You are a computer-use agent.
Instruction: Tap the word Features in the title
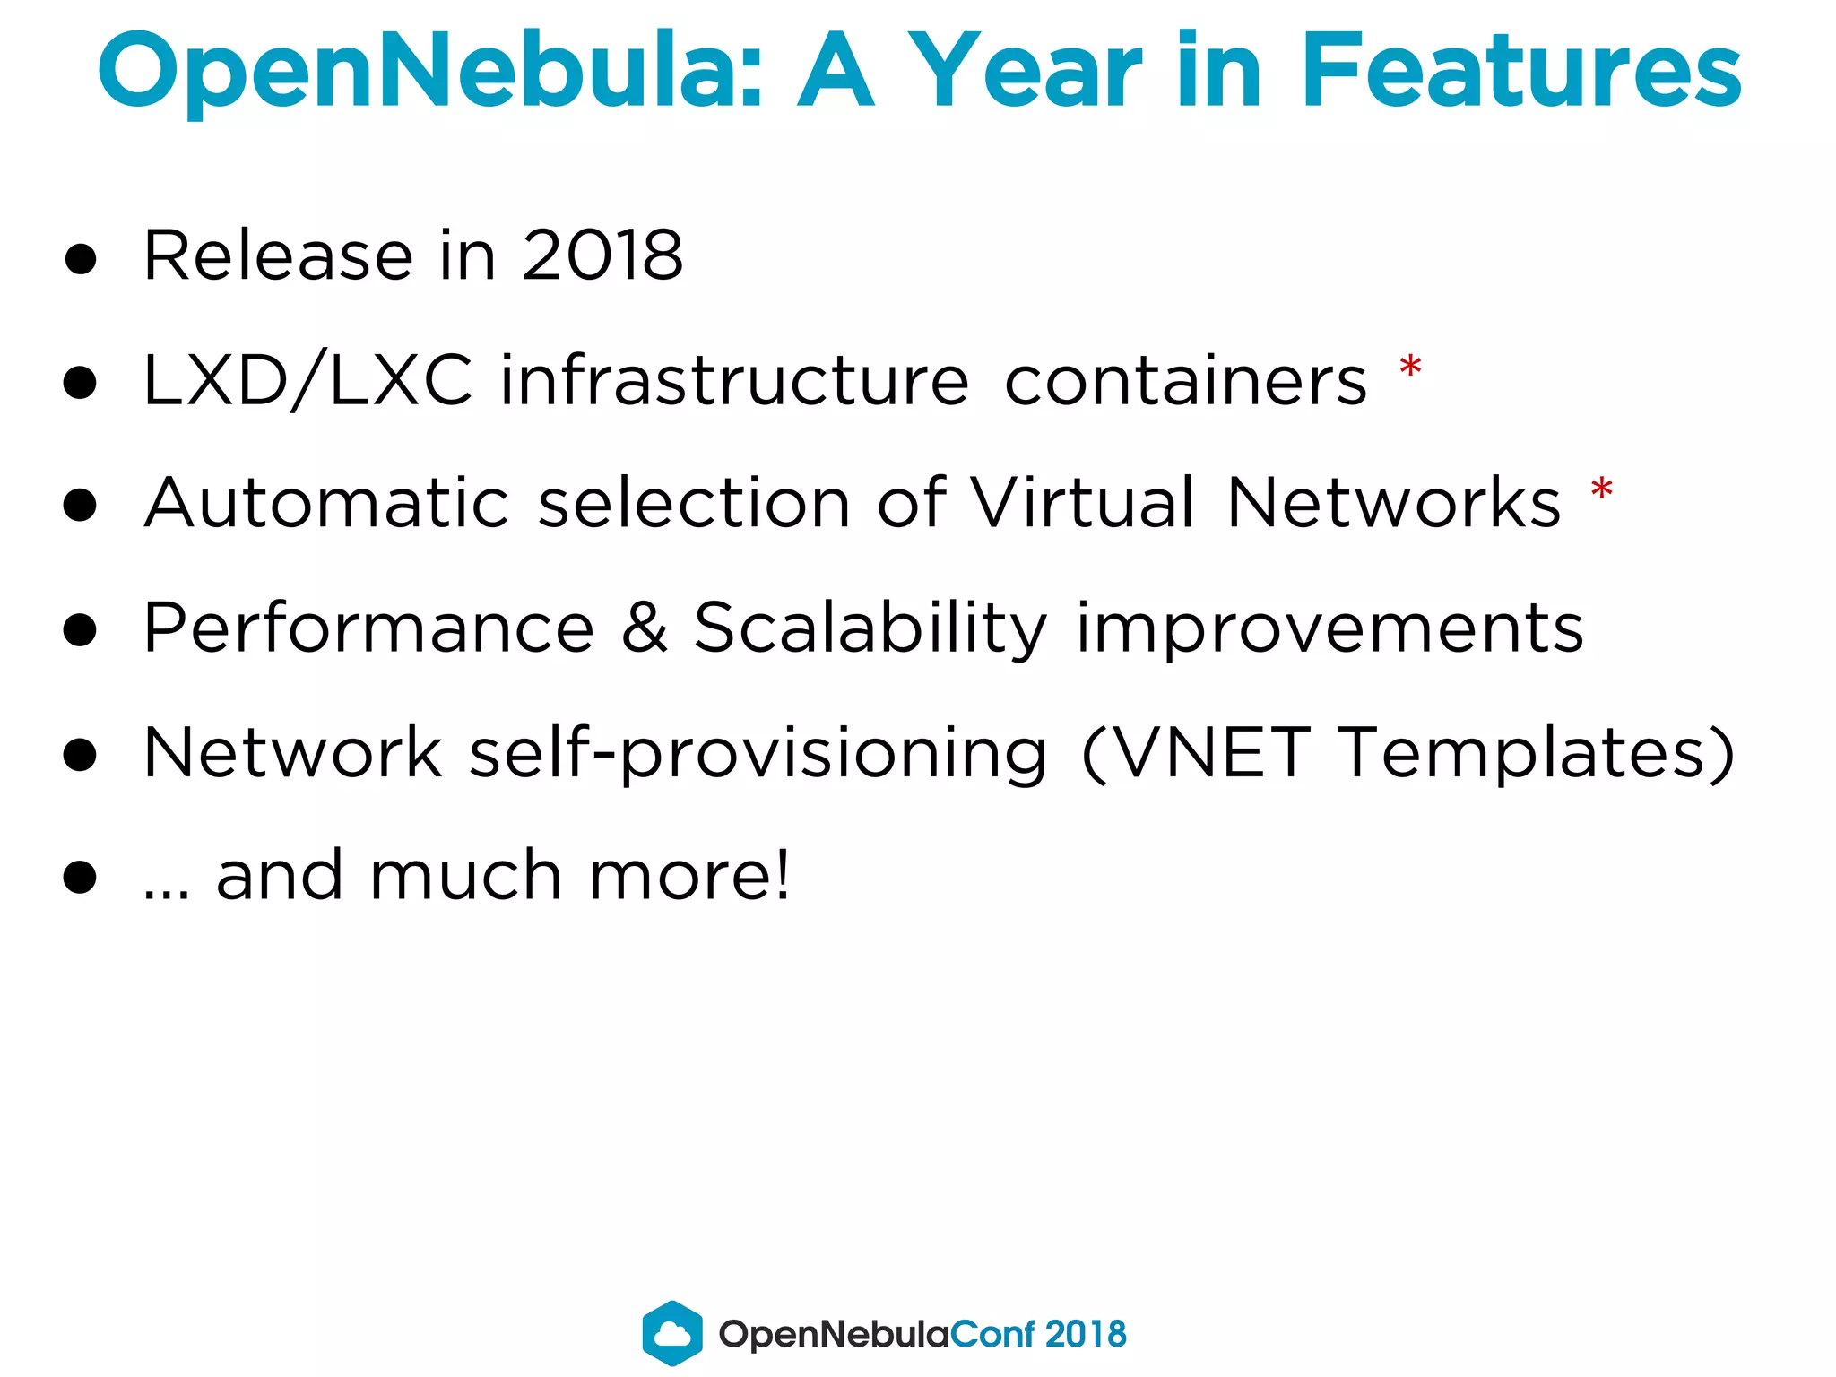click(x=1520, y=70)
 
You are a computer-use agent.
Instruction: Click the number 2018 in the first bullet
click(x=602, y=255)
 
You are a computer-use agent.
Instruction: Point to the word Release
click(x=278, y=255)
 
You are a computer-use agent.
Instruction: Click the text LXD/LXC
click(x=307, y=381)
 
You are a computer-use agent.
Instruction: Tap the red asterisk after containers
click(x=1410, y=368)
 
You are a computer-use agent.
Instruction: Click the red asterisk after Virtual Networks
click(x=1601, y=490)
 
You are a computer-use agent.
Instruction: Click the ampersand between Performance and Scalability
click(x=645, y=628)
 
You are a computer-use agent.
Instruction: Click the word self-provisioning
click(x=758, y=753)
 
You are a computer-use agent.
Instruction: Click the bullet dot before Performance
click(x=81, y=630)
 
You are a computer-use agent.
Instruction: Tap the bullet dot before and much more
click(x=81, y=878)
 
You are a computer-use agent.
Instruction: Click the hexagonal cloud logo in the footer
click(x=672, y=1333)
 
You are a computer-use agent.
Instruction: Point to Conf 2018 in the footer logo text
click(x=1037, y=1334)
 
